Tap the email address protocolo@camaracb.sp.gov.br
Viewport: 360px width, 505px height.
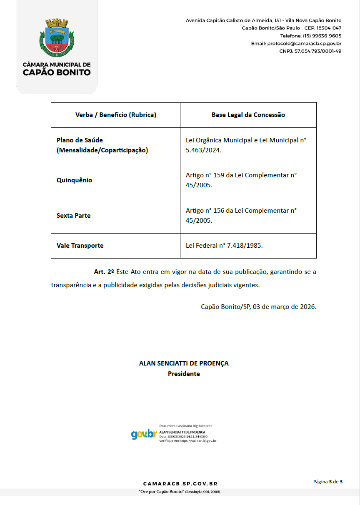(x=296, y=43)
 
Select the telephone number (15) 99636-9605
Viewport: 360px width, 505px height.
(x=311, y=36)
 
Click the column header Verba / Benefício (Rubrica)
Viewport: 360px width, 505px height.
(x=115, y=115)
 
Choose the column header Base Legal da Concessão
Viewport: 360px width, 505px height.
(x=248, y=115)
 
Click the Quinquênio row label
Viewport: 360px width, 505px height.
(x=74, y=180)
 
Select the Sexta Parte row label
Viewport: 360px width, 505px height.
(x=73, y=216)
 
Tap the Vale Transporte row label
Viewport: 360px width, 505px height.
(x=80, y=246)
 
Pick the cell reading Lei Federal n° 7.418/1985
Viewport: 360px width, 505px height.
(x=224, y=246)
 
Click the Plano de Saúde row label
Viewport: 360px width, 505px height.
(x=102, y=145)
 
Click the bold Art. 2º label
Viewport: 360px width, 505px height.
(x=104, y=272)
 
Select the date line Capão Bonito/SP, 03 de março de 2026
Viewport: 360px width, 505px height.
(x=258, y=307)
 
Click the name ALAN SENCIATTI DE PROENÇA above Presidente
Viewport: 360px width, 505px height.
(x=184, y=363)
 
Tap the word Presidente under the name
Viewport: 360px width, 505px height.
(x=184, y=374)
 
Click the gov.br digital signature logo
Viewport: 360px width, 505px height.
(x=144, y=434)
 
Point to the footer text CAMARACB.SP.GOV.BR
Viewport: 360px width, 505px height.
(x=180, y=484)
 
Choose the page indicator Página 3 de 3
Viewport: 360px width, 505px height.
(x=328, y=482)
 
